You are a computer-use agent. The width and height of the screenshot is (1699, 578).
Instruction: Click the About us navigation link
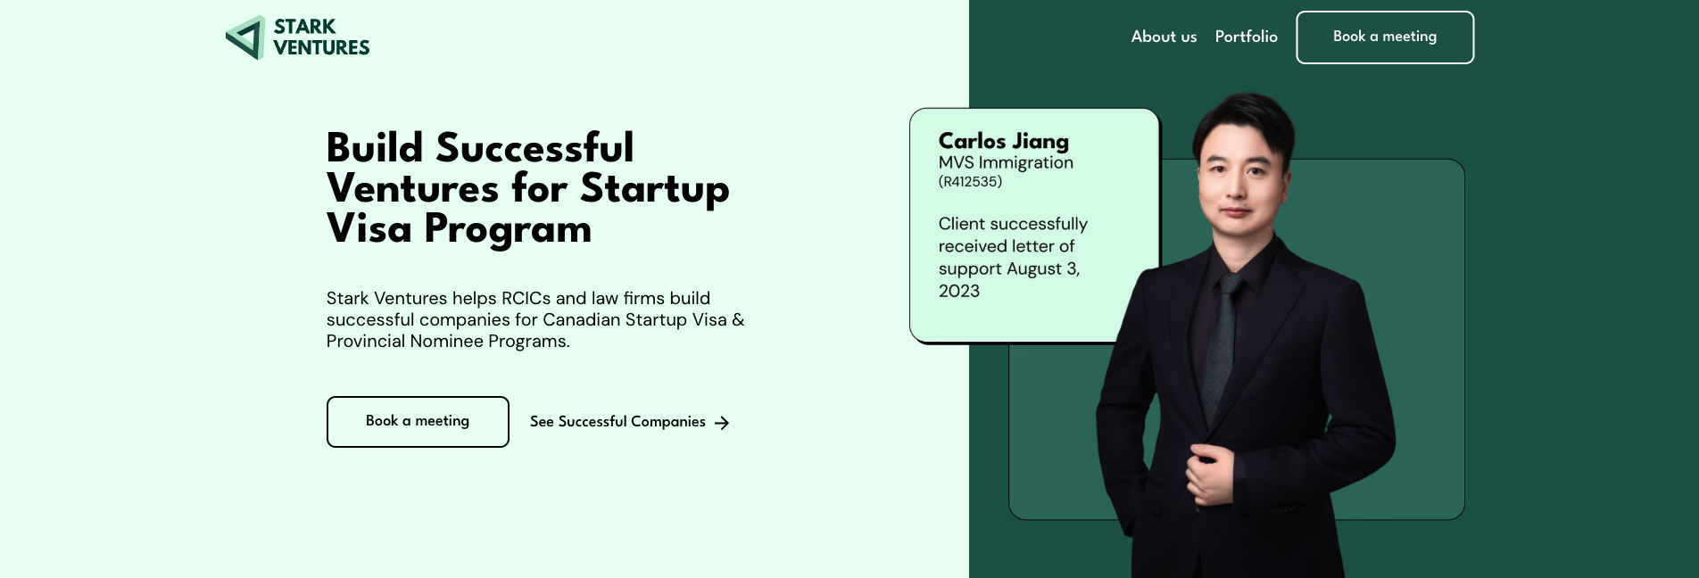coord(1164,37)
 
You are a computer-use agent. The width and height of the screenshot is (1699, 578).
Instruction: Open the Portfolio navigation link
coord(1246,37)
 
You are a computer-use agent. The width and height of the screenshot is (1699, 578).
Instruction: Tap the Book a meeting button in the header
coord(1385,37)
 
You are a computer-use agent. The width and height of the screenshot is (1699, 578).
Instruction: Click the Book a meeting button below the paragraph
coord(418,422)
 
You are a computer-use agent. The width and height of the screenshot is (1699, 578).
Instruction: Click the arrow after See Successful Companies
coord(722,423)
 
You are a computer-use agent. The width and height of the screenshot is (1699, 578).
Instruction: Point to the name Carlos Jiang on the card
coord(1003,141)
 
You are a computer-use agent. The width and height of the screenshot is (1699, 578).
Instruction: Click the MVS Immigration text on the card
coord(1006,162)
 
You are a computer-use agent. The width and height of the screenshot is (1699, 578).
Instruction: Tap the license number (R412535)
coord(970,182)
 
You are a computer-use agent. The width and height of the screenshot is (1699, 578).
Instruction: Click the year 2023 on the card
coord(959,291)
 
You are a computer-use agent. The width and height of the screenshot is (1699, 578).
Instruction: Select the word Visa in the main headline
coord(369,228)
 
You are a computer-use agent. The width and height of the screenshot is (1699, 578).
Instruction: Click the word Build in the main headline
coord(375,148)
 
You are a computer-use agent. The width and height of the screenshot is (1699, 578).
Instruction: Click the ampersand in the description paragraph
coord(738,319)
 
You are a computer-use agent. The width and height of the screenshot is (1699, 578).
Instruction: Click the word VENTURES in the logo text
coord(321,48)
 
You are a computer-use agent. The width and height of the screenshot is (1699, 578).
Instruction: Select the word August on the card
coord(1034,268)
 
